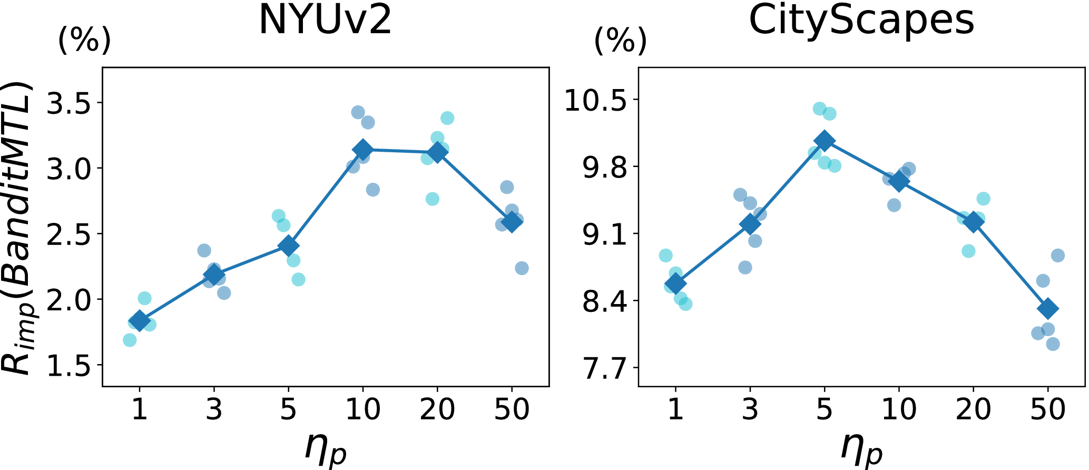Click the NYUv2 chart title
tap(325, 21)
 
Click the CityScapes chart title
tap(861, 21)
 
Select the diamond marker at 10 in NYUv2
tap(362, 150)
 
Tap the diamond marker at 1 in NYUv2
tap(140, 320)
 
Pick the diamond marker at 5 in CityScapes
tap(824, 141)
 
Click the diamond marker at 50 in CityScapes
tap(1047, 308)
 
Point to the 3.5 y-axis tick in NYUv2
tap(74, 103)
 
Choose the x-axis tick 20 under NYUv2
tap(437, 409)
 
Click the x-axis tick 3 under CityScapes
tap(750, 409)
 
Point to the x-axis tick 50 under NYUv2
tap(512, 409)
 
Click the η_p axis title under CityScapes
tap(861, 448)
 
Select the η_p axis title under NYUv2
tap(326, 448)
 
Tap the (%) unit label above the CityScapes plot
tap(620, 41)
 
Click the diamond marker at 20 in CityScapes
tap(973, 222)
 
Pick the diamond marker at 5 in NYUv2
tap(288, 246)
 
